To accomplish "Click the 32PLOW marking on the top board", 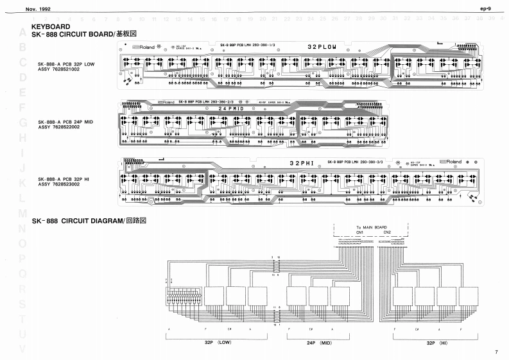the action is [322, 47].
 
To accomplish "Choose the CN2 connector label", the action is [387, 233].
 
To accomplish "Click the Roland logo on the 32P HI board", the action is [450, 162].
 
